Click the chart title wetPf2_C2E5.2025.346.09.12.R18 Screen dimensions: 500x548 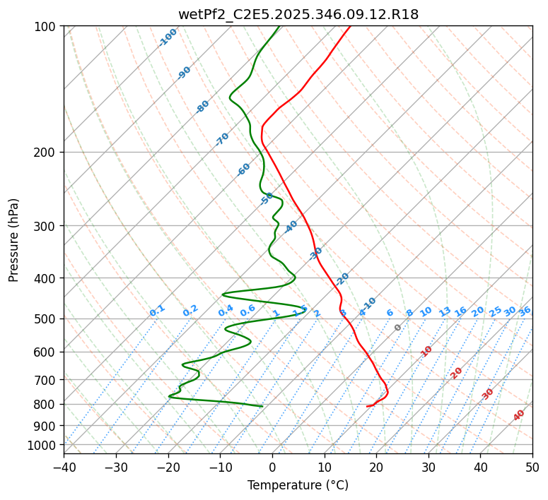coord(298,14)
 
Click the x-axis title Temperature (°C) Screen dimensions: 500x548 coord(298,486)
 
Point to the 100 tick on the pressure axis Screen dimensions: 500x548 coord(45,27)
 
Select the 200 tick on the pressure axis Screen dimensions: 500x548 coord(45,152)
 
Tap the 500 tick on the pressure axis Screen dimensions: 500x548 coord(45,319)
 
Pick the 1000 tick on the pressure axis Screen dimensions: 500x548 coord(42,445)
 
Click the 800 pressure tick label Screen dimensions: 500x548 coord(45,405)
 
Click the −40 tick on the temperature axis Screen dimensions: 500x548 coord(64,468)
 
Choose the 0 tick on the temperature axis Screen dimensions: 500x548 coord(272,468)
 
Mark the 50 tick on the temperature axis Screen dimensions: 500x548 coord(532,468)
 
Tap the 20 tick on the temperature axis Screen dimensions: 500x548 coord(376,468)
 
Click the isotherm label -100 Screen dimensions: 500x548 coord(168,37)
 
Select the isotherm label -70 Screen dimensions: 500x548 coord(222,139)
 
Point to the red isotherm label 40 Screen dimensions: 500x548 coord(519,415)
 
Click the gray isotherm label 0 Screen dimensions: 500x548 coord(398,328)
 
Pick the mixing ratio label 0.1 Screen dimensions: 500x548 coord(157,311)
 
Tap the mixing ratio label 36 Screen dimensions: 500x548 coord(525,311)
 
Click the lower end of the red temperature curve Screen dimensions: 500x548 coord(367,406)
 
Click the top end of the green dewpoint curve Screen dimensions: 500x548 coord(279,26)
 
